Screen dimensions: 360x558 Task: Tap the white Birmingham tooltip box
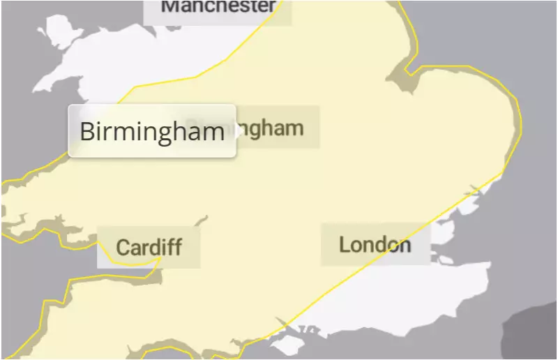[x=151, y=131]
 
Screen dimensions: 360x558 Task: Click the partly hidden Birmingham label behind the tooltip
[x=276, y=128]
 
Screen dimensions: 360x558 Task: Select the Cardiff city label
[x=149, y=246]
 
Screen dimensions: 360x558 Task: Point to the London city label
[x=375, y=245]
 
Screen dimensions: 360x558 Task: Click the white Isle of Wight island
[x=286, y=345]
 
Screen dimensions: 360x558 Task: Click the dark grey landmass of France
[x=534, y=336]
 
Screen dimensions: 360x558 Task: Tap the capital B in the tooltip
[x=87, y=131]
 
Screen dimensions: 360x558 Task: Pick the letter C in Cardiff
[x=123, y=247]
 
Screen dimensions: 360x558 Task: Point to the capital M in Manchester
[x=169, y=6]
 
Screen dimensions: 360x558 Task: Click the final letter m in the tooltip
[x=213, y=132]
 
